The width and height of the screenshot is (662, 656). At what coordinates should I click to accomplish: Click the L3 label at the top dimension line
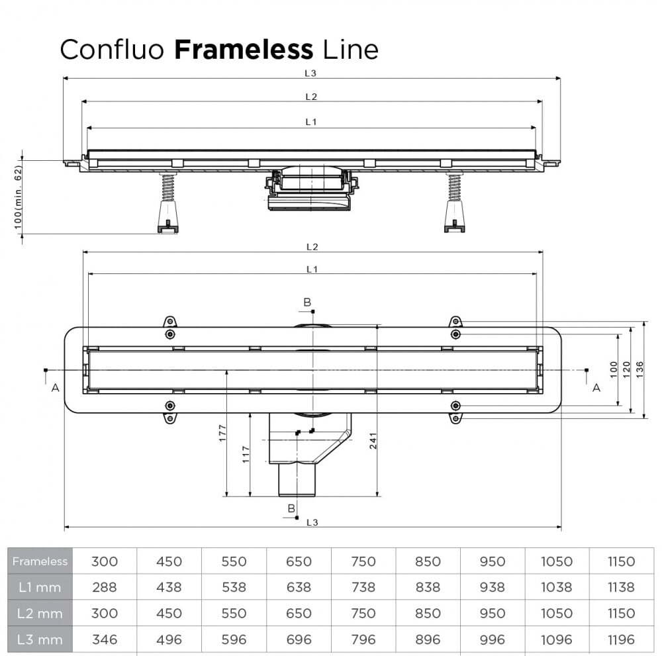311,72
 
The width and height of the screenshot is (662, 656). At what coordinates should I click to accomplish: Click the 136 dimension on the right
639,369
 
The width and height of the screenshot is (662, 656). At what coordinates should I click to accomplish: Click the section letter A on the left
55,388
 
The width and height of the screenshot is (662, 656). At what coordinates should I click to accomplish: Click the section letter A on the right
596,388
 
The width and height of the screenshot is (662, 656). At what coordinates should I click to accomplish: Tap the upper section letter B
307,303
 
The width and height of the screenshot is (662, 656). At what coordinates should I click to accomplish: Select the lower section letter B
291,508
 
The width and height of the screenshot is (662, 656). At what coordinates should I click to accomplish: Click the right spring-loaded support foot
454,202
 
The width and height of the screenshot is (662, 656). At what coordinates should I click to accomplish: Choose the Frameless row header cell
40,561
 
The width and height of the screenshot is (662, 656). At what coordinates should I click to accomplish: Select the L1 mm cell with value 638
299,587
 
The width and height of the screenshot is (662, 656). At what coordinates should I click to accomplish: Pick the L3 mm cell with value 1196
621,639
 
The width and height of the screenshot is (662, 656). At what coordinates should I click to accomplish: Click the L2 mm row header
40,613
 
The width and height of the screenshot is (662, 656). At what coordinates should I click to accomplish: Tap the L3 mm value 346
104,639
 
